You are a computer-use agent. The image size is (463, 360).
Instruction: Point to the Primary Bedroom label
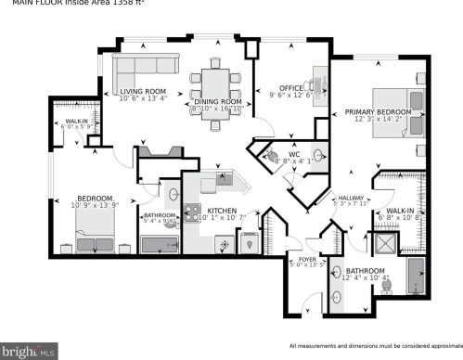379,113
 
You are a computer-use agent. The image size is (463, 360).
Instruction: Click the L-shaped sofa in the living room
139,67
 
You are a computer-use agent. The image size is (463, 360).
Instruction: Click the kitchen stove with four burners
192,213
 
